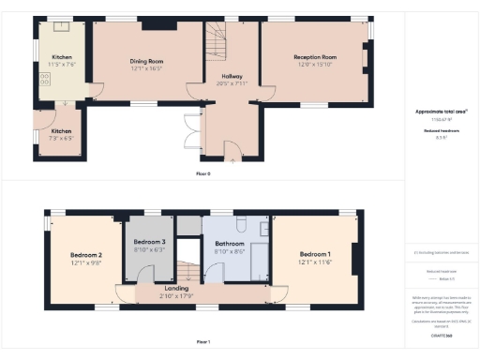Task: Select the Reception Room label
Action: pos(317,57)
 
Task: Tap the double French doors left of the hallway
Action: pos(193,132)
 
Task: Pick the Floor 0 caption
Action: pos(202,174)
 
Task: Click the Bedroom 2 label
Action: pos(86,255)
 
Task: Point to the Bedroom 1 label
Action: pos(315,254)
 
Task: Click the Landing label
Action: pos(176,288)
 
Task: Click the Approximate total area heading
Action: pos(442,111)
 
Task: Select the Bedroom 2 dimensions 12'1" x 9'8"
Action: pos(86,262)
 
